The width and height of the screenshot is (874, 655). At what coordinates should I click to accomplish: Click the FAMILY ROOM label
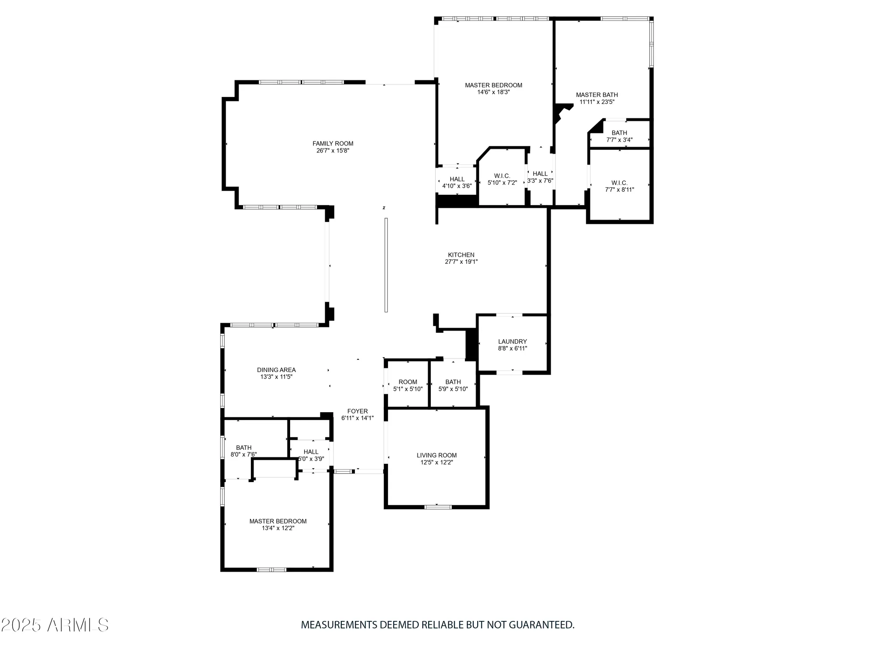pos(333,144)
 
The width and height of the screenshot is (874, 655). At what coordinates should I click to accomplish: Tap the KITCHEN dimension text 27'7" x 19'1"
pos(461,262)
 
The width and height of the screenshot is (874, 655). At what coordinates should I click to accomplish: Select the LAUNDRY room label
pos(512,341)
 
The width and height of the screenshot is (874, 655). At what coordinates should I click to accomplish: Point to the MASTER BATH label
pos(597,95)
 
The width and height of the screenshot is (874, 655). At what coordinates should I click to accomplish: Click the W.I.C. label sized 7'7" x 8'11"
pos(619,183)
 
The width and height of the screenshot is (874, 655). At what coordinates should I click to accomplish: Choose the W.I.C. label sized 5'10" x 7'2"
pos(502,176)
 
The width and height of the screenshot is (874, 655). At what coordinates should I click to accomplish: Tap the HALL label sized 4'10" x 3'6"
pos(457,179)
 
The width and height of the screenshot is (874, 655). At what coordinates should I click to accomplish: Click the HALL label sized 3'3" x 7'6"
pos(540,174)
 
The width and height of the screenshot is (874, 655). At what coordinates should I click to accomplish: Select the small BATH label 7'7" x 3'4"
pos(619,133)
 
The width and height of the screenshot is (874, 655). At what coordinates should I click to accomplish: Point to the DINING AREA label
pos(276,370)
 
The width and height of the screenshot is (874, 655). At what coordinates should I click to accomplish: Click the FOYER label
pos(357,411)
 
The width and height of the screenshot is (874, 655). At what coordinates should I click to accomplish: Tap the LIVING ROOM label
pos(437,455)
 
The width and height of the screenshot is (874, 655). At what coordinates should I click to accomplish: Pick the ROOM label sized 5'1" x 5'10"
pos(408,382)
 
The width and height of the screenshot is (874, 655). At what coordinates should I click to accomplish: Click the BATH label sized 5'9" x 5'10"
pos(453,382)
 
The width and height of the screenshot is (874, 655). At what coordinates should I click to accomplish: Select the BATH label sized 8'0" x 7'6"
pos(244,448)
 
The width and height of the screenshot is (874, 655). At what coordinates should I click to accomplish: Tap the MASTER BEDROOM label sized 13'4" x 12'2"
pos(278,521)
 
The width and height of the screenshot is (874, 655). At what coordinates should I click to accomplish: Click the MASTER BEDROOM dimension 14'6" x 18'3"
pos(493,92)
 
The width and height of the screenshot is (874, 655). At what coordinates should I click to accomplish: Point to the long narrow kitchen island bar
pos(386,265)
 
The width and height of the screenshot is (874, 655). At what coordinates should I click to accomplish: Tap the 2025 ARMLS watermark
pos(55,625)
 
